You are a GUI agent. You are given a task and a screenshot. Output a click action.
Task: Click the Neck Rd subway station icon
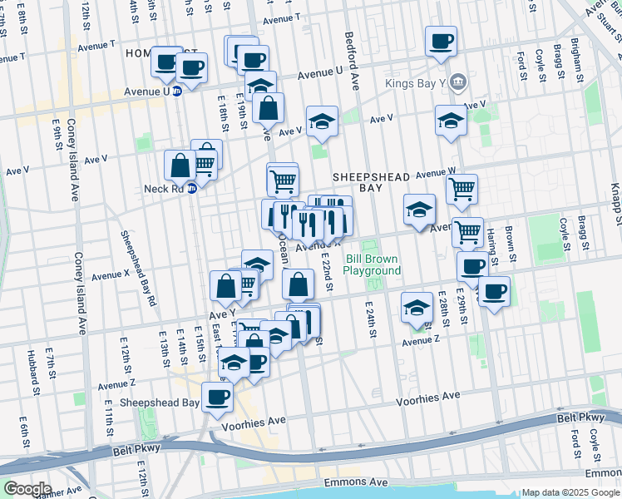coord(191,189)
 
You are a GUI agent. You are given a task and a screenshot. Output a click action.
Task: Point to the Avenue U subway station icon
coord(177,91)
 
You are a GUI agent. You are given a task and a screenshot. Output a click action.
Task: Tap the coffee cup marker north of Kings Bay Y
coord(441,41)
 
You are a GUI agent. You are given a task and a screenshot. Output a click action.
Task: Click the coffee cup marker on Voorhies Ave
coord(218,397)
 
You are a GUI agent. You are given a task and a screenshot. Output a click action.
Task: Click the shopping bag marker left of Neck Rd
coord(180,165)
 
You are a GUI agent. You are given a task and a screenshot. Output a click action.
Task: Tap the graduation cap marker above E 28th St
coord(417,307)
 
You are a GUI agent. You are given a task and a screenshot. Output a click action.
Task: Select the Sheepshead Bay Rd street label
coord(138,267)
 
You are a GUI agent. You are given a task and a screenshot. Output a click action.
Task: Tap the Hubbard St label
coord(34,373)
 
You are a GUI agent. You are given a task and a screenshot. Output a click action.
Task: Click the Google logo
coord(27,489)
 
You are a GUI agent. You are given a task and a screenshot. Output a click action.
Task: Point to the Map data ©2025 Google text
coord(570,492)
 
